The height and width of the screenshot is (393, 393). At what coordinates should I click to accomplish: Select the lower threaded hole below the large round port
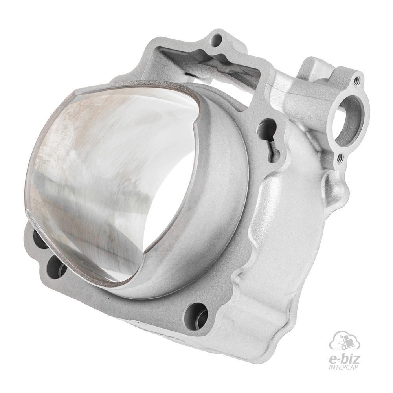tap(340, 158)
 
